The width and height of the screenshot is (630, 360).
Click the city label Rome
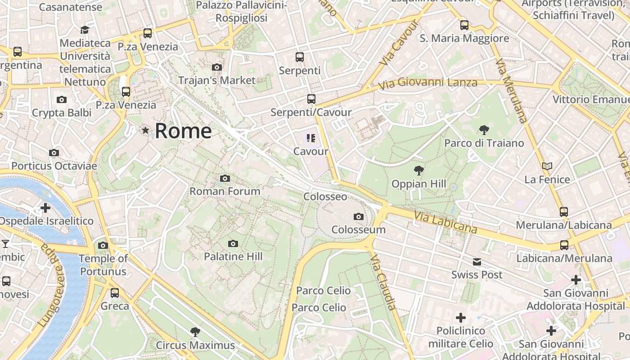coord(183,131)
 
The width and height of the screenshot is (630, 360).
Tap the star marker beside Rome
coord(145,130)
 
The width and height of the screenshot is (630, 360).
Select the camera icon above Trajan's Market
coord(217,67)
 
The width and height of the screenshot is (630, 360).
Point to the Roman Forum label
coord(225,191)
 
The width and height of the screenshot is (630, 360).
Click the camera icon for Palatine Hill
coord(233,244)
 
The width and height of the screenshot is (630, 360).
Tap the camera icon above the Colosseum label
coord(359,217)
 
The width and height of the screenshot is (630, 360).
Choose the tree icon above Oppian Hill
coord(419,171)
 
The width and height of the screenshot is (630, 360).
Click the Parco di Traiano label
coord(484,143)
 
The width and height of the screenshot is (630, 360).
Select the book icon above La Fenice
coord(547,166)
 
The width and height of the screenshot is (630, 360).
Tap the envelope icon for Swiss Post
coord(477,262)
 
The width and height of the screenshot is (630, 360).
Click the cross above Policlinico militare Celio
coord(461,318)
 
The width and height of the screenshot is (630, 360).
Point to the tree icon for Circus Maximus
coord(195,332)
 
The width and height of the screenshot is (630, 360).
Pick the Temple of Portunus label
coord(103,265)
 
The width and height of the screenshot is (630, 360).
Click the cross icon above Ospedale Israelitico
coord(45,208)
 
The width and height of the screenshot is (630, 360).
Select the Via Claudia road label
coord(383,282)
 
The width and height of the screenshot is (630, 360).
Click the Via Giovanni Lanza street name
coord(427,83)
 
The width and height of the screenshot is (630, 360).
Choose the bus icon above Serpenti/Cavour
coord(311,99)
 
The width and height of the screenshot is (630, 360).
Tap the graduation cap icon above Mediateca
coord(85,30)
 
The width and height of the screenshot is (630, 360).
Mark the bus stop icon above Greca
coord(115,293)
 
